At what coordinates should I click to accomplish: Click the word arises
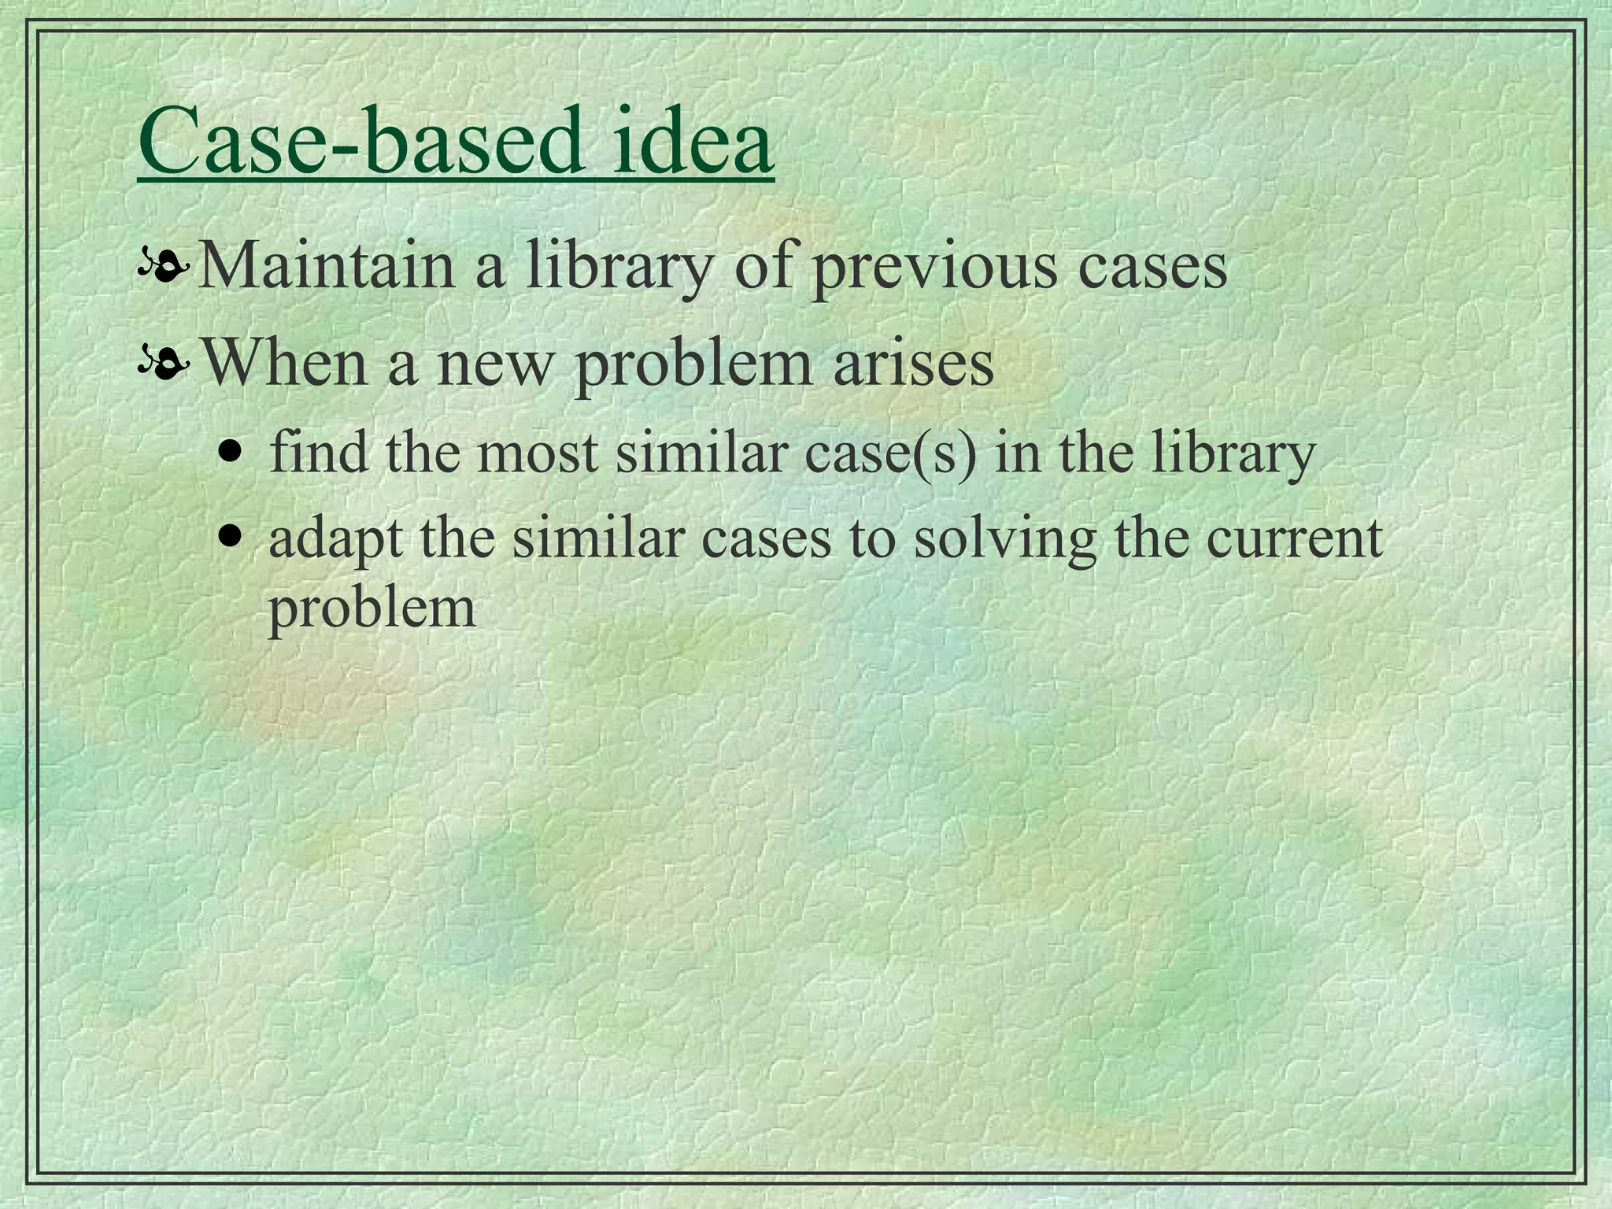[914, 364]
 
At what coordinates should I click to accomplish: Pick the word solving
[1004, 540]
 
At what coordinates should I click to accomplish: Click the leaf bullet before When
[164, 365]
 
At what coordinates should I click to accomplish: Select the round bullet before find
[230, 455]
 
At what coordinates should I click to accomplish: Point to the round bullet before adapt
[230, 538]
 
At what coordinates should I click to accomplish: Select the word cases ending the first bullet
[1152, 266]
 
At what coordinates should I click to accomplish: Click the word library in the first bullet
[618, 266]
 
